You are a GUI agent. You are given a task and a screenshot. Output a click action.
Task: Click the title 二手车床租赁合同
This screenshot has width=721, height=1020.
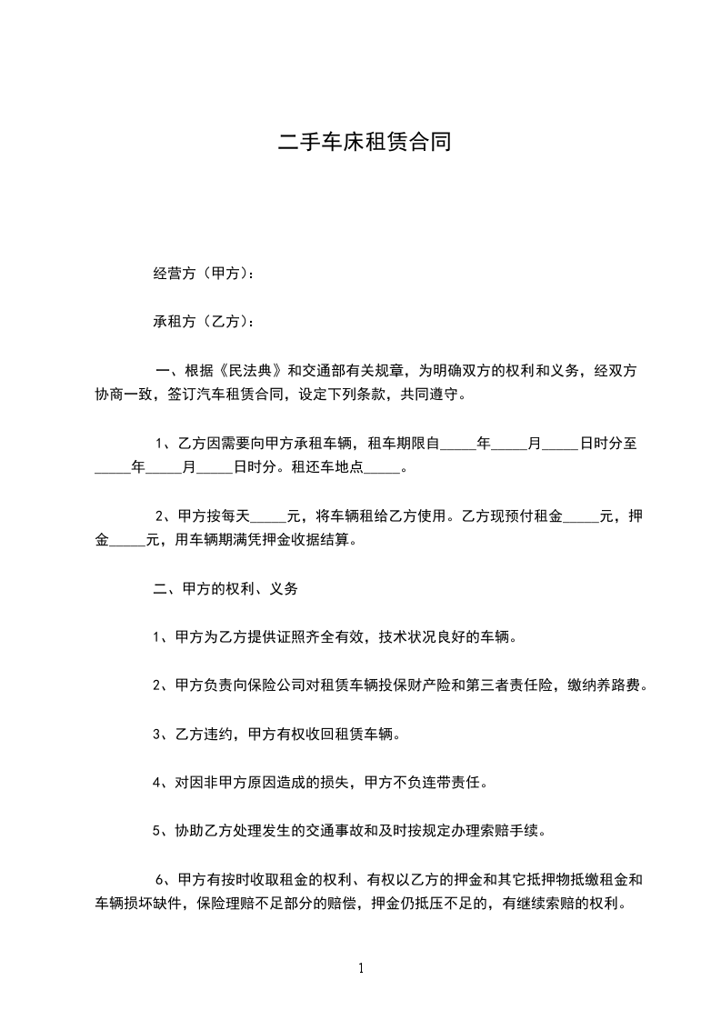click(x=364, y=143)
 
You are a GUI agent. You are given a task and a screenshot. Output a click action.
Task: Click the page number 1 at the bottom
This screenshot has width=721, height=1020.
click(x=361, y=969)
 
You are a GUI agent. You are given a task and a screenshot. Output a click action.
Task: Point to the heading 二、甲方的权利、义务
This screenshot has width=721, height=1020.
click(x=225, y=588)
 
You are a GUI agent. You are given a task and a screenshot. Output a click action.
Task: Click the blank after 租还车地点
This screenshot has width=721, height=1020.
click(x=386, y=469)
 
